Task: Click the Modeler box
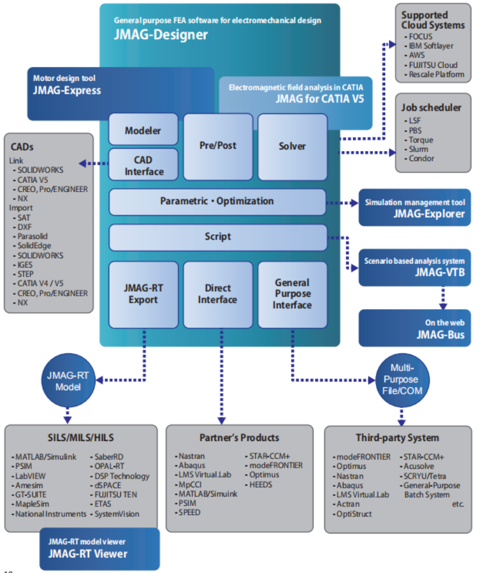pos(143,131)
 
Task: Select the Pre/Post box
pos(217,146)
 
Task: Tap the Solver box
pos(292,146)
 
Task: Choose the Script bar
pos(217,237)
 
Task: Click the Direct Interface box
pos(217,294)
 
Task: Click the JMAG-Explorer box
pos(415,208)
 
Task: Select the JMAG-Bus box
pos(415,328)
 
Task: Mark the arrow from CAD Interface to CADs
pos(93,164)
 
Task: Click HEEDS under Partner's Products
pos(261,484)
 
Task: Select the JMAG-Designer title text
pos(160,34)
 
